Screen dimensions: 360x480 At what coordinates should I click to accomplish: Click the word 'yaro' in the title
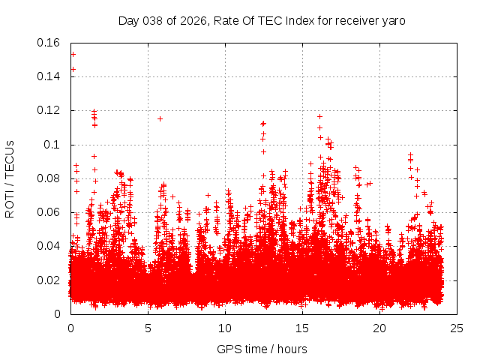[394, 20]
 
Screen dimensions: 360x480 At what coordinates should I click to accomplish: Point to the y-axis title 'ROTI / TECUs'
[10, 178]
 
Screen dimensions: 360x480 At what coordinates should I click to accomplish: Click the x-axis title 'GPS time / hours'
[262, 349]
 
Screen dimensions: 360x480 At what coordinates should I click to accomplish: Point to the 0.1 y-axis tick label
[55, 144]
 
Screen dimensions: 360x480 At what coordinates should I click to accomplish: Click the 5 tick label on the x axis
[148, 328]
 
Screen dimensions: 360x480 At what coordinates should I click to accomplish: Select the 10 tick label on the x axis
[225, 328]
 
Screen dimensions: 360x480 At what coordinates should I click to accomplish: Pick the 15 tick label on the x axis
[302, 328]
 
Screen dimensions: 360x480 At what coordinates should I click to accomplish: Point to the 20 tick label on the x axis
[379, 328]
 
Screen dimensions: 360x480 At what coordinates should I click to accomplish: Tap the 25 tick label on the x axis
[457, 328]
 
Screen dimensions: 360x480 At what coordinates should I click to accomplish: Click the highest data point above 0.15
[73, 54]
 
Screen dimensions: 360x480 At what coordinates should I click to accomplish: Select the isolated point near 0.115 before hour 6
[160, 118]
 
